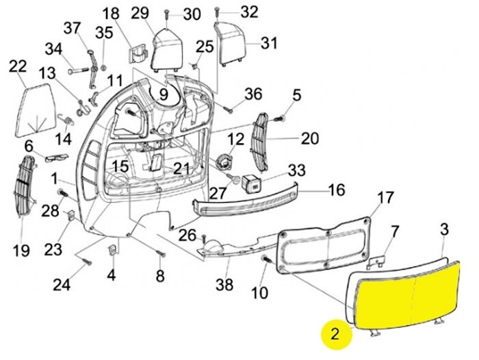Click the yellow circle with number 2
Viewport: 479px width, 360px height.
[335, 334]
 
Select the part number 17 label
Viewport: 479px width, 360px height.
[385, 198]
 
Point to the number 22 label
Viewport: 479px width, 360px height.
[18, 66]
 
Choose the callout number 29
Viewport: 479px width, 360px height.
[140, 13]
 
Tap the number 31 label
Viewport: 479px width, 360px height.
[269, 43]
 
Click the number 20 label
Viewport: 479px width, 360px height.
[310, 139]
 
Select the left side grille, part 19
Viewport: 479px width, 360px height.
[26, 183]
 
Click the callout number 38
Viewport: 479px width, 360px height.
[224, 283]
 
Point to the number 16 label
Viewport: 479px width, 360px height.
[337, 190]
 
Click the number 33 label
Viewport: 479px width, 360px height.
[296, 169]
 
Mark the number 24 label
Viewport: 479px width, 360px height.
[62, 284]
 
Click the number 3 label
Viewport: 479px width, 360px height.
[444, 229]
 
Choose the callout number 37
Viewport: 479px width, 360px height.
[72, 28]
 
